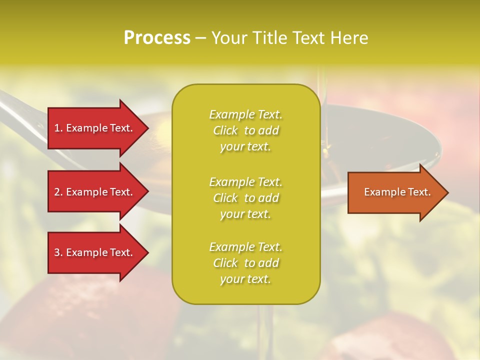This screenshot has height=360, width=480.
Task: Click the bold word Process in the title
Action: tap(157, 38)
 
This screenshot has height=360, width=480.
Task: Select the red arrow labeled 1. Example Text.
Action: tap(95, 128)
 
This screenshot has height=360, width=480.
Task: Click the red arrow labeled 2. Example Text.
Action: tap(95, 192)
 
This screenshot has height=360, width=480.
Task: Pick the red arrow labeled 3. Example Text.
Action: tap(95, 252)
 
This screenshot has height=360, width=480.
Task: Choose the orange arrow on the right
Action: tap(395, 192)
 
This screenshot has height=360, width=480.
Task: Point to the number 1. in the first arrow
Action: tap(58, 128)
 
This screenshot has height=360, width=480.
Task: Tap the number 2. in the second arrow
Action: tap(58, 192)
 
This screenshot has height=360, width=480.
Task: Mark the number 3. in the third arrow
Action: tap(58, 252)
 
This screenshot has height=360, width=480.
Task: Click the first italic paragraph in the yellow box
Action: tap(246, 130)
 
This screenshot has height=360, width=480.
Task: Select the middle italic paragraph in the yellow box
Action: tap(246, 198)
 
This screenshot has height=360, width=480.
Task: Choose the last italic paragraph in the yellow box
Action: tap(246, 263)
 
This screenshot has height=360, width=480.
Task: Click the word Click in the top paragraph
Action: tap(225, 130)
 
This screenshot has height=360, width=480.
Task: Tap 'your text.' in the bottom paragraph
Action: tap(245, 279)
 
